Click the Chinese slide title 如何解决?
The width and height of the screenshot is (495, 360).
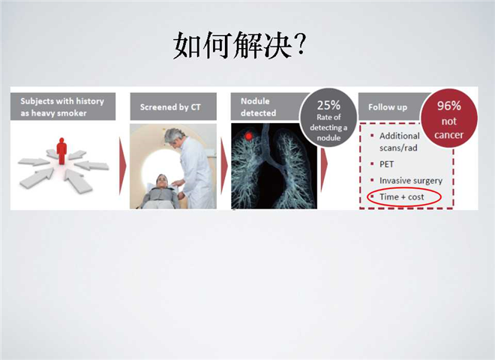(x=240, y=45)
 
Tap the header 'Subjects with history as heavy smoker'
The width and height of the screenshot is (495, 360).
(x=62, y=106)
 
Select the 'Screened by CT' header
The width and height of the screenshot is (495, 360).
(x=170, y=107)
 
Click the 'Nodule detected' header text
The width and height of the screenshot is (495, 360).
(x=258, y=106)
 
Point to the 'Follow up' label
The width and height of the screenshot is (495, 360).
(x=388, y=107)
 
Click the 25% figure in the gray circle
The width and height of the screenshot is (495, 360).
(x=328, y=105)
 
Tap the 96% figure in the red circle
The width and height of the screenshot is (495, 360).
(x=449, y=106)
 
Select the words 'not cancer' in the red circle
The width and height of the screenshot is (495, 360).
(x=449, y=128)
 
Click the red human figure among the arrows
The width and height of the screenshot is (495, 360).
(x=61, y=151)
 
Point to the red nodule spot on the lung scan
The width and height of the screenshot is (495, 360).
(x=249, y=136)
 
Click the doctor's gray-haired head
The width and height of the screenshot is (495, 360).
(x=174, y=136)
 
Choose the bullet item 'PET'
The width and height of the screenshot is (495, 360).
(x=386, y=164)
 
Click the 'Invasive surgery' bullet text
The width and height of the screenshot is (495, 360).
(x=411, y=181)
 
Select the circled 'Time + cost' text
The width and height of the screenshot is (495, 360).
(x=401, y=197)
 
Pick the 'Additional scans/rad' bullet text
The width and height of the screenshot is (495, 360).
(x=399, y=142)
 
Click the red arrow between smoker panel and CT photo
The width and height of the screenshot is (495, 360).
(x=122, y=166)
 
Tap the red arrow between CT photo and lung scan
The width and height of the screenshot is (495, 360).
(x=223, y=166)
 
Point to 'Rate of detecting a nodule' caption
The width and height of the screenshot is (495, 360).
(x=328, y=127)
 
